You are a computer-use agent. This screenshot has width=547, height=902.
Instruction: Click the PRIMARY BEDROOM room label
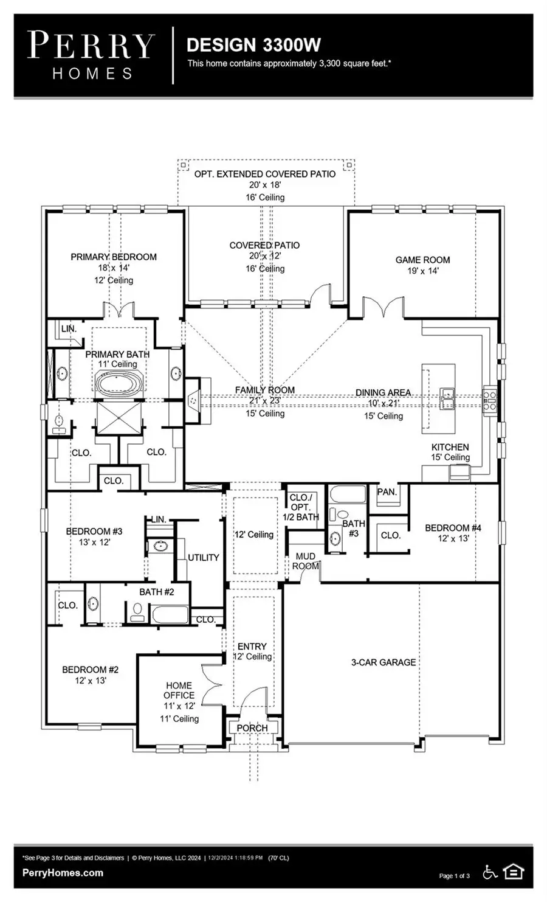pos(114,257)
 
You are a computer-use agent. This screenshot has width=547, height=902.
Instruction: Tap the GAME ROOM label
pos(422,260)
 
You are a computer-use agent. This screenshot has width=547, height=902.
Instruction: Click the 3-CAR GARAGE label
pos(384,662)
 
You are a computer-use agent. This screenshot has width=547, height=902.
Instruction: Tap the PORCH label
pos(252,728)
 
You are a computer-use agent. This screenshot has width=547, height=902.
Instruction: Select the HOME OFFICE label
pos(179,690)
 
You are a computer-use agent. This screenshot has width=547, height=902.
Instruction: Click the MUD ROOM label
pos(306,561)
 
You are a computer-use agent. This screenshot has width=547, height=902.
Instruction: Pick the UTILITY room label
pos(203,557)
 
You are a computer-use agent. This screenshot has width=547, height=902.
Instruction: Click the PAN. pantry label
pos(387,492)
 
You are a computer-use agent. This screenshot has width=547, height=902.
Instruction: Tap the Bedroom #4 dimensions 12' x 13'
pos(453,538)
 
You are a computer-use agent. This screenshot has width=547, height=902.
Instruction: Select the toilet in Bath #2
pos(138,611)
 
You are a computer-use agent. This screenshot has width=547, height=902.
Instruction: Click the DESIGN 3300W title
pos(253,45)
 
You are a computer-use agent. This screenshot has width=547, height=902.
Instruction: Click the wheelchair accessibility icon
pos(490,872)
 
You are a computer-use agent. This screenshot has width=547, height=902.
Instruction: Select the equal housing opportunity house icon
pos(514,872)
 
